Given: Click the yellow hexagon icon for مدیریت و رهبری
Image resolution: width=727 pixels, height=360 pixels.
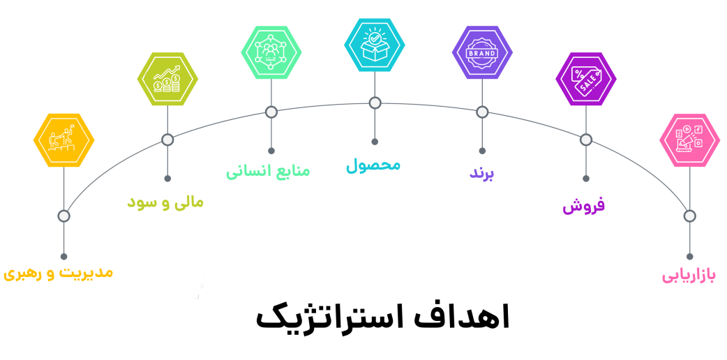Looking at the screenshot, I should [x=63, y=140].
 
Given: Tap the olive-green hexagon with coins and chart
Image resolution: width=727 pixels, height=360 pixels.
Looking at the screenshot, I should [x=167, y=79].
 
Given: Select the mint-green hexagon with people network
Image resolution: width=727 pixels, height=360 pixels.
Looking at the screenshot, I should [x=271, y=52].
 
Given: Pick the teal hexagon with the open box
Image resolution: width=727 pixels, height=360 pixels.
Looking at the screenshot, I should [x=375, y=45].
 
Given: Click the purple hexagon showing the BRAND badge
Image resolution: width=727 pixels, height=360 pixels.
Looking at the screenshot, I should [x=482, y=52].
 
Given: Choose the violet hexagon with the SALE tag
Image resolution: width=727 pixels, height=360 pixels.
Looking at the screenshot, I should [x=586, y=79].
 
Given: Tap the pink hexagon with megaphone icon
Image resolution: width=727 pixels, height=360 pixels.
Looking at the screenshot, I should [x=689, y=140].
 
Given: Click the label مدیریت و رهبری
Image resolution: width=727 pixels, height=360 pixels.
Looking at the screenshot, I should [x=58, y=272].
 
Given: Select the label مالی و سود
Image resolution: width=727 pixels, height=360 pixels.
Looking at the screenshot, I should [x=165, y=202].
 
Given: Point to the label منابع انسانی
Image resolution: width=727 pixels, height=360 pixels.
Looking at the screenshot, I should [x=268, y=171].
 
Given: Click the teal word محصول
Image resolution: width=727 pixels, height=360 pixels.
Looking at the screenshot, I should [x=373, y=165].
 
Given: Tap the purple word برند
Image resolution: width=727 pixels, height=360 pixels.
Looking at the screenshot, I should [x=481, y=173].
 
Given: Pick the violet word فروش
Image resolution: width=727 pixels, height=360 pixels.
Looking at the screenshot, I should [x=584, y=205].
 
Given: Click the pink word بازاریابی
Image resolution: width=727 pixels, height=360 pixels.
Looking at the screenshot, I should [x=689, y=276].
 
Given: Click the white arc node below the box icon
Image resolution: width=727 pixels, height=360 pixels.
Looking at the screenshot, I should [x=375, y=103].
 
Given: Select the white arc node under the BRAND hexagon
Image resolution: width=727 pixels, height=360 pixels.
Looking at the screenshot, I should [x=482, y=112].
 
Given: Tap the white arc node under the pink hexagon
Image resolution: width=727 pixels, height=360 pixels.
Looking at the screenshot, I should [x=689, y=216].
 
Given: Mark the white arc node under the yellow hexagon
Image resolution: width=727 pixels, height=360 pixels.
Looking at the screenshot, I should [x=63, y=216].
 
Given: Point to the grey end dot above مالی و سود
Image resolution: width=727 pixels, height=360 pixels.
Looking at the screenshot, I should [x=167, y=179].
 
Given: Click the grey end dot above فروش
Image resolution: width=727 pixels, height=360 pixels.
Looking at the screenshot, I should [x=586, y=179].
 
